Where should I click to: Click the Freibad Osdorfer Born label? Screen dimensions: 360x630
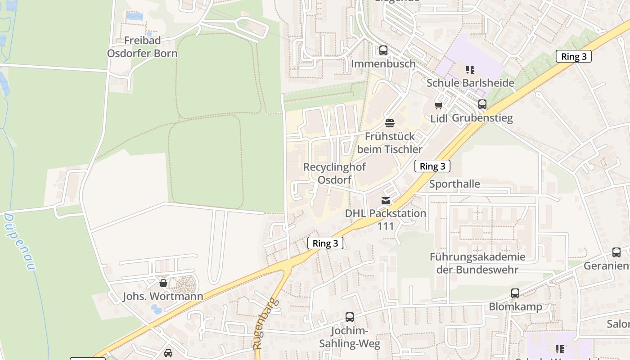142,47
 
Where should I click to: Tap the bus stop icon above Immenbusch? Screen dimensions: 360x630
383,50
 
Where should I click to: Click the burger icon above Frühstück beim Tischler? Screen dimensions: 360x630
390,123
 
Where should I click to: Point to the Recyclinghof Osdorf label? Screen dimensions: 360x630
334,173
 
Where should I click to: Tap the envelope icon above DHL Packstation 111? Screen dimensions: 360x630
386,200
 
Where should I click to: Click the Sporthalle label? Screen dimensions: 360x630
454,184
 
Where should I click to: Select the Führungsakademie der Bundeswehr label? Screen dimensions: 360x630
477,263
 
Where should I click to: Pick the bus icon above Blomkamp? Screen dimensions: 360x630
515,293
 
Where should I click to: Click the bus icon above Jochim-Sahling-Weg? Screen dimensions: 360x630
350,317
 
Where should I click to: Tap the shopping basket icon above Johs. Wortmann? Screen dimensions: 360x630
163,283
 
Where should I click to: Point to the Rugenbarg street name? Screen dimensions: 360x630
265,324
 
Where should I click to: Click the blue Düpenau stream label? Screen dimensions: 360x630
19,242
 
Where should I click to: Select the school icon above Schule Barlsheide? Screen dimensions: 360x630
470,69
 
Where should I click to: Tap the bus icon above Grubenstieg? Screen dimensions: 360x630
482,104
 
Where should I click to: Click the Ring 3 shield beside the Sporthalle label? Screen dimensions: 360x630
432,166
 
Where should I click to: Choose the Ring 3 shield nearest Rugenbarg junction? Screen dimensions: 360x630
325,243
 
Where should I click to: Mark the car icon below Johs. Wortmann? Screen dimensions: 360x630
168,353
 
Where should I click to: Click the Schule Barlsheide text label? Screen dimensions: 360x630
470,83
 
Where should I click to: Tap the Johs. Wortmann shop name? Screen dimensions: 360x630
163,297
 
